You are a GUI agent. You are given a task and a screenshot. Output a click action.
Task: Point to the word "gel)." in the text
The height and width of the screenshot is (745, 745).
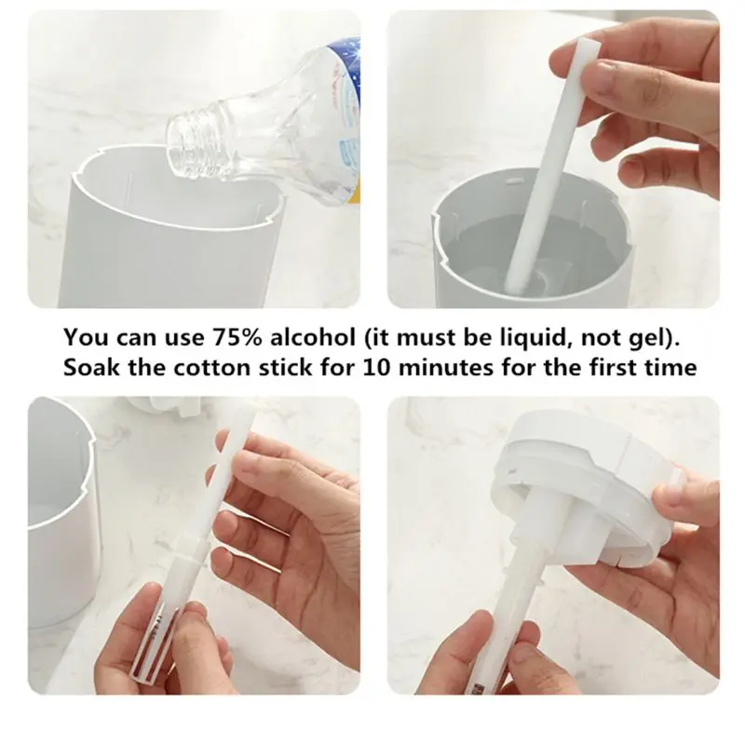click(660, 336)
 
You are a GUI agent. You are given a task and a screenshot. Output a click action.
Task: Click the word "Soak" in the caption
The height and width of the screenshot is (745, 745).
click(91, 367)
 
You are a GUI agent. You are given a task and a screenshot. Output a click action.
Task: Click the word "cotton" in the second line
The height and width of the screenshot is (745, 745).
click(208, 367)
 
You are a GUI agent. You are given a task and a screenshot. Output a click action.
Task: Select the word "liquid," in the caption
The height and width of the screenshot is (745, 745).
click(549, 336)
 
